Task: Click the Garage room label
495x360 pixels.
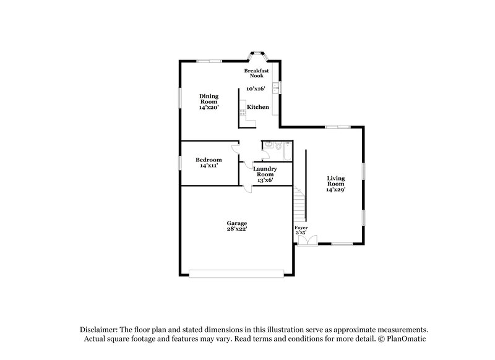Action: tap(237, 223)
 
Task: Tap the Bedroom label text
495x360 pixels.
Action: tap(209, 160)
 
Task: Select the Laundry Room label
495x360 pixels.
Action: tap(265, 171)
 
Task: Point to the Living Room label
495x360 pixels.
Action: tap(336, 181)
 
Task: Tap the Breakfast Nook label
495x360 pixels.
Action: tap(256, 73)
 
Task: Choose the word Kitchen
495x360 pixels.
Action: tap(258, 107)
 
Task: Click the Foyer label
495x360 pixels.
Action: tap(301, 228)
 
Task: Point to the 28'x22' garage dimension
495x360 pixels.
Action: tap(237, 229)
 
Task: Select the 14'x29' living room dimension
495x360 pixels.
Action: tap(336, 190)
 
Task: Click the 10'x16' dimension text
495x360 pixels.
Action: tap(256, 89)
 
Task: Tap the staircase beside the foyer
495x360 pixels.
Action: tap(300, 204)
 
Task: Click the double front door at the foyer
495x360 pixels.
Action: tap(308, 241)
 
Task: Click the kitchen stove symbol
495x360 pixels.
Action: tap(243, 113)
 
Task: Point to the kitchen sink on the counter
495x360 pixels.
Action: tap(278, 88)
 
